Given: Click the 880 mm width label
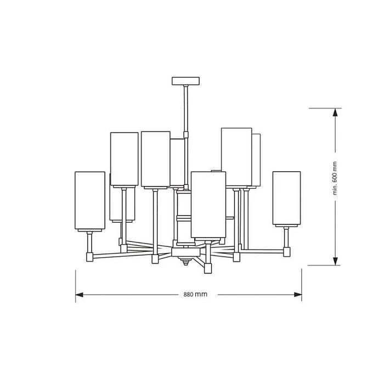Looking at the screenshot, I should pyautogui.click(x=195, y=295).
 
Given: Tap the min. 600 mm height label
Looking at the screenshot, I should pyautogui.click(x=335, y=179).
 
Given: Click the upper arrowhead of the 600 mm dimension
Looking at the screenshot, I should pyautogui.click(x=334, y=112).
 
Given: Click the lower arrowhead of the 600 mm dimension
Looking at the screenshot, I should pyautogui.click(x=334, y=261).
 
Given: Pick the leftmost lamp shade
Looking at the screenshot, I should pyautogui.click(x=89, y=200).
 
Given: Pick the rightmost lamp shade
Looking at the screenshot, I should pyautogui.click(x=286, y=198).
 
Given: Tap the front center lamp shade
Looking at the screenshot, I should pyautogui.click(x=208, y=205).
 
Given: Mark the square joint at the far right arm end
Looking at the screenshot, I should pyautogui.click(x=286, y=252).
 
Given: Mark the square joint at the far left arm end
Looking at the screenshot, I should pyautogui.click(x=89, y=256).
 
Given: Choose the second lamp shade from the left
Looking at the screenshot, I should pyautogui.click(x=124, y=159).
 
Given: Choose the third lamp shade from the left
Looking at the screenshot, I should pyautogui.click(x=156, y=159).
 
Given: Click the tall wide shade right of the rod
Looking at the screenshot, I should pyautogui.click(x=236, y=157).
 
